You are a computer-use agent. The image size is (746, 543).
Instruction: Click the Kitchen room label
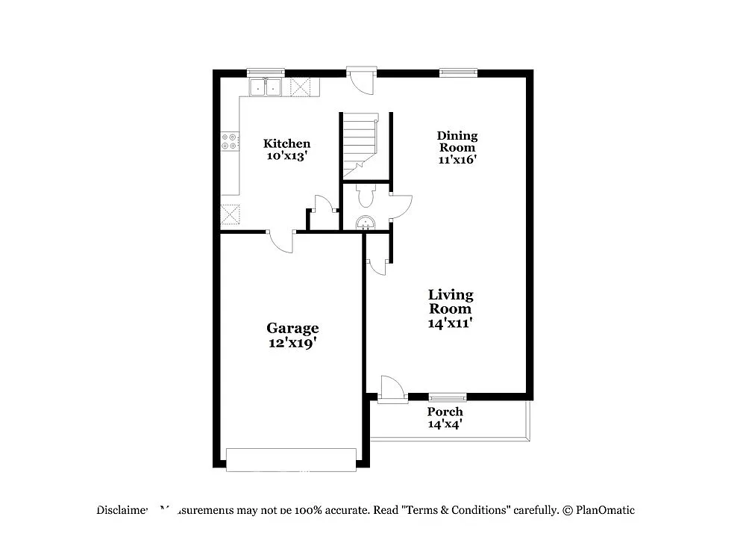[x=287, y=143]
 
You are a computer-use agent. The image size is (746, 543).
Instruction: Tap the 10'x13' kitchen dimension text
[x=287, y=157]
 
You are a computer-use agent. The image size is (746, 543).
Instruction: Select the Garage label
[x=292, y=328]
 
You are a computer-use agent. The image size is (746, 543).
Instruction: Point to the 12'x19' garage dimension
[x=292, y=343]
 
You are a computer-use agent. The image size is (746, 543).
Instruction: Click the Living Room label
[x=450, y=302]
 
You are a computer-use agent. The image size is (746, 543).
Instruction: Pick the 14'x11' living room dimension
[x=450, y=323]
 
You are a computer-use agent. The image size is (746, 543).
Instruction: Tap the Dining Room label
[x=457, y=141]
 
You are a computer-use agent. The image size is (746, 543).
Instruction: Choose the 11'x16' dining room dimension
[x=457, y=159]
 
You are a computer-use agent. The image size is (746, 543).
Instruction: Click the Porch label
[x=445, y=412]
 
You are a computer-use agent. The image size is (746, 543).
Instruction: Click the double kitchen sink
[x=266, y=87]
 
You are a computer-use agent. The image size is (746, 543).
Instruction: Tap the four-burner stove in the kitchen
[x=230, y=141]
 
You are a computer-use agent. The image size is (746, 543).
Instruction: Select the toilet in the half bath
[x=366, y=196]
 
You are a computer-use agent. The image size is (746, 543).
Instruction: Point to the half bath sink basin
[x=366, y=222]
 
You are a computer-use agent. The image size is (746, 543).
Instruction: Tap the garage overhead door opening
[x=291, y=459]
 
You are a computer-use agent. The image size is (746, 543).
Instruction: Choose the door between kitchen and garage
[x=281, y=241]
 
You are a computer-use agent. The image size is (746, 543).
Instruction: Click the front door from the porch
[x=391, y=391]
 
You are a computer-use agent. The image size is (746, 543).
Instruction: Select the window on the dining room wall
[x=457, y=73]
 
